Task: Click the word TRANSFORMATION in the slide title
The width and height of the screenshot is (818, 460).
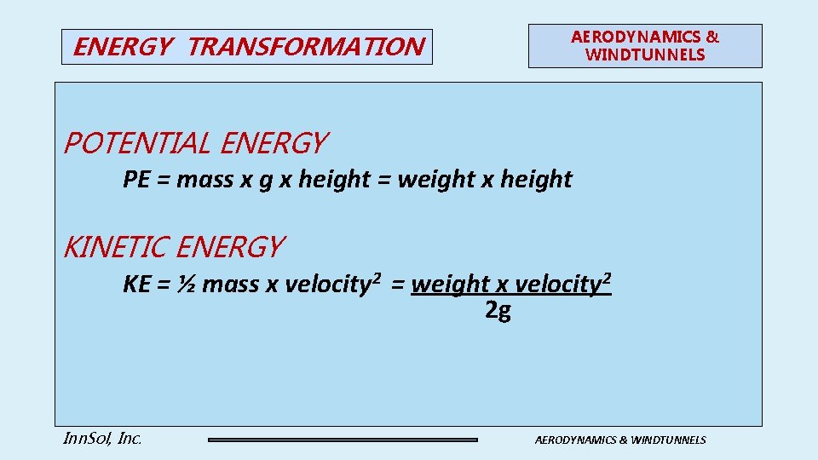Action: coord(304,47)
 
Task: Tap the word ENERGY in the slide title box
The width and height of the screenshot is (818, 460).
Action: coord(122,47)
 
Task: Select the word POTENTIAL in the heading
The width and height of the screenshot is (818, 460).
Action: coord(137,143)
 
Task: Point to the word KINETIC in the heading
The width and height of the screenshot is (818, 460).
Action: coord(116,248)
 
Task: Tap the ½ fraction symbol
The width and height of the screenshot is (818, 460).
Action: coord(187,284)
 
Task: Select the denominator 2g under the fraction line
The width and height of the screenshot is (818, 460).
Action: coord(498,312)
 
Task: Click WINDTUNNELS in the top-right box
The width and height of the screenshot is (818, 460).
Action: coord(645,55)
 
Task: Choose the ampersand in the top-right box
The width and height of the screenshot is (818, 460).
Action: coord(712,37)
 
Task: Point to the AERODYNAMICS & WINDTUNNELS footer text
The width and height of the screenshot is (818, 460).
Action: coord(620,440)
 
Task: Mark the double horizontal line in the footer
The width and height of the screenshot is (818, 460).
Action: coord(343,440)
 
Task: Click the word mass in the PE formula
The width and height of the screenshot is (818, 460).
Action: coord(204,180)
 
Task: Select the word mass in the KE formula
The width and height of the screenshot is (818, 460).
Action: coord(231,284)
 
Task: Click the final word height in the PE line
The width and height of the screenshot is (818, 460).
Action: coord(536,180)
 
